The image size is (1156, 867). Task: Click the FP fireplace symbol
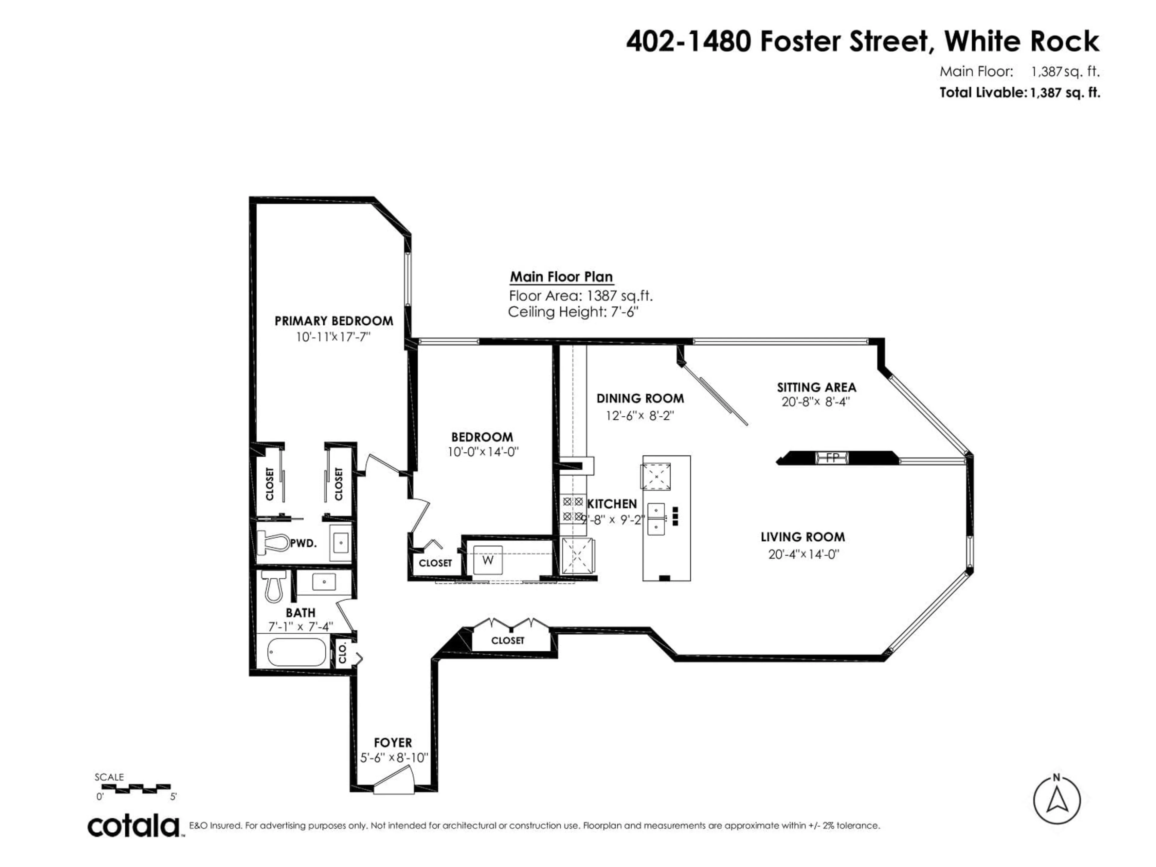[x=832, y=458]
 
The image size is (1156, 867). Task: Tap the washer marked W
[x=488, y=560]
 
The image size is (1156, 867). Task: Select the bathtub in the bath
[x=296, y=652]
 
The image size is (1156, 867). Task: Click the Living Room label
[x=802, y=537]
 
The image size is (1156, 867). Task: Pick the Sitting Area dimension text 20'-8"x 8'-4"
[x=816, y=402]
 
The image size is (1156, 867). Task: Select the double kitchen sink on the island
[x=656, y=519]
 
